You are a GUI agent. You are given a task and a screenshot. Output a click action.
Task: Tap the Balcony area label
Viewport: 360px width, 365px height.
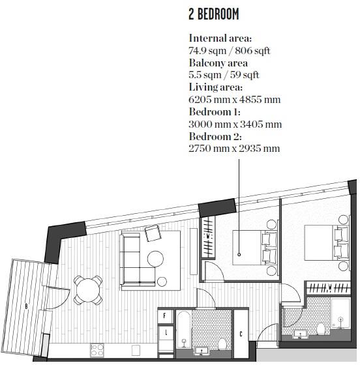point(218,63)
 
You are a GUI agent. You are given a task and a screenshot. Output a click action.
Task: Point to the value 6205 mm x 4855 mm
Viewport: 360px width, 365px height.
point(234,99)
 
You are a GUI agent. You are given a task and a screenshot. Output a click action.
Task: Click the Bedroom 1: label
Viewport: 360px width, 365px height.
point(215,111)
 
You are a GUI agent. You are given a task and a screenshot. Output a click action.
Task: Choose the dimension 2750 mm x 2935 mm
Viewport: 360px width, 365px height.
point(234,148)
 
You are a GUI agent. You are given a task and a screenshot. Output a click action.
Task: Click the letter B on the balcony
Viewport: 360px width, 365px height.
point(26,305)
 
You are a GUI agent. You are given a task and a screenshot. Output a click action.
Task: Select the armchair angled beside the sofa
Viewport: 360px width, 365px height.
point(154,232)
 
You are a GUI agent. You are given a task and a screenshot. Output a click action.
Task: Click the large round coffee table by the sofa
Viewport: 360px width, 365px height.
point(155,258)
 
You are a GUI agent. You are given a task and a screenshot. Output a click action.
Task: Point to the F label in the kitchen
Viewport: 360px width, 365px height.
point(165,315)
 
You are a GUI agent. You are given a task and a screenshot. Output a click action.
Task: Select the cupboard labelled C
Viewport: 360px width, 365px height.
point(241,334)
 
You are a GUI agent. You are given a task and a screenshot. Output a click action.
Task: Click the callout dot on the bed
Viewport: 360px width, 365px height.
point(239,254)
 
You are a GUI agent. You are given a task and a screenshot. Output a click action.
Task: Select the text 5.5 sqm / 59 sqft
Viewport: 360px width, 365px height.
point(224,75)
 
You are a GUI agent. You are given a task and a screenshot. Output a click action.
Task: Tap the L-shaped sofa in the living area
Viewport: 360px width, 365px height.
point(134,261)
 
